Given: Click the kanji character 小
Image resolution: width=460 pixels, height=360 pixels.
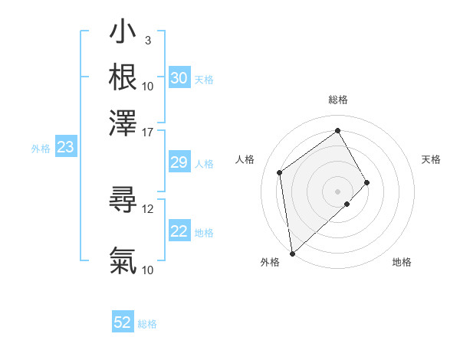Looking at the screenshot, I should click(123, 33).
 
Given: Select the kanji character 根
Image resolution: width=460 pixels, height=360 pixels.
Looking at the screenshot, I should click(123, 77).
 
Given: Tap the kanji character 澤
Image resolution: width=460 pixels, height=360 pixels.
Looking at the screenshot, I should click(123, 121).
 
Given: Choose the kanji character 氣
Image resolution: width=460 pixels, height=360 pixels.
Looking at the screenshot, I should click(123, 260).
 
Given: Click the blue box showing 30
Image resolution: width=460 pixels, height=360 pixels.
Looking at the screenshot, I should click(179, 78).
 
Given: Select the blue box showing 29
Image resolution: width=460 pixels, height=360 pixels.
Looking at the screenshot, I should click(179, 162).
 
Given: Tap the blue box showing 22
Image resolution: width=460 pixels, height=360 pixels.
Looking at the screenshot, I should click(179, 231).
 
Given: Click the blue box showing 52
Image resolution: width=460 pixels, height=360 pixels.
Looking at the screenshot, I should click(123, 322).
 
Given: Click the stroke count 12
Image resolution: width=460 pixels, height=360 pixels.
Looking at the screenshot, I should click(148, 208).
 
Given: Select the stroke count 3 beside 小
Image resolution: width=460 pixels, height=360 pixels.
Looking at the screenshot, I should click(147, 40).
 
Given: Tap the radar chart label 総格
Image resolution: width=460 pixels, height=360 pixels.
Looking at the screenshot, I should click(337, 100).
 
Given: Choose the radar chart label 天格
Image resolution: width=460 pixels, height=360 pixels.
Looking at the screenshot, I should click(431, 159).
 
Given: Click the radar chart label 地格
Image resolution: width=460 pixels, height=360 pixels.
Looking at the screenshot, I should click(402, 262).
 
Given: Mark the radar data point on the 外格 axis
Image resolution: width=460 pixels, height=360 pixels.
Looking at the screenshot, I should click(292, 253).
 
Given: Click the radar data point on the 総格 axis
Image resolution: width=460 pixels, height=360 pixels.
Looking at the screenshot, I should click(337, 130).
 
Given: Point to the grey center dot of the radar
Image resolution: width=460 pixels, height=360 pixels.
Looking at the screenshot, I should click(337, 191).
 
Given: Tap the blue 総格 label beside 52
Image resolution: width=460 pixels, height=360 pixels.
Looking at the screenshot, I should click(147, 323).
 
